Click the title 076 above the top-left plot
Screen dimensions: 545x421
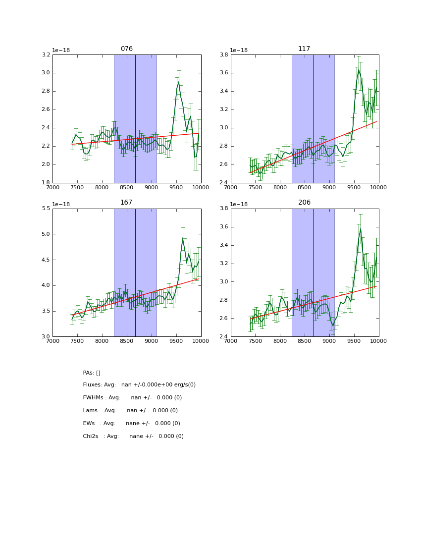point(127,49)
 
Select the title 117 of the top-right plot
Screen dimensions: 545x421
point(304,49)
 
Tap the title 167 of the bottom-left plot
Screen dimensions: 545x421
point(127,203)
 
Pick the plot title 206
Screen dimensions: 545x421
point(304,203)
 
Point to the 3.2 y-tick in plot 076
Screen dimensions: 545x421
point(45,54)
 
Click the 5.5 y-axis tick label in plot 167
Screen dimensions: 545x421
point(45,209)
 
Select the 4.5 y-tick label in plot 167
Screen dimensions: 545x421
point(45,260)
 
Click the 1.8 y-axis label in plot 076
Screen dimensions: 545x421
point(45,183)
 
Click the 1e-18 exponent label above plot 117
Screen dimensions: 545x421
point(239,50)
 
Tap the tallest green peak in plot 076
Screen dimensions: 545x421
point(178,82)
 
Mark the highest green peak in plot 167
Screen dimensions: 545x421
point(183,240)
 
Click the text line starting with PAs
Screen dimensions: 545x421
point(92,373)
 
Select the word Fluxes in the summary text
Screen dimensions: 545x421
point(93,385)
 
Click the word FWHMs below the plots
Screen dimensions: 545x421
point(94,398)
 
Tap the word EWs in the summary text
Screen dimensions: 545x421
point(89,424)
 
